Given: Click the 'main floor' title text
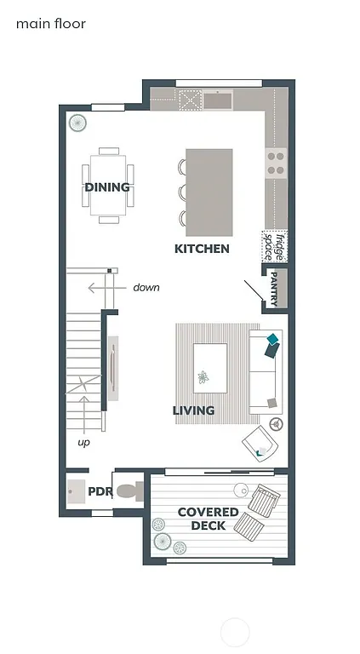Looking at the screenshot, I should pyautogui.click(x=51, y=24).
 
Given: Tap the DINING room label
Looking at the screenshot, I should pyautogui.click(x=107, y=187).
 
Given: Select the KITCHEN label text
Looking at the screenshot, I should pyautogui.click(x=202, y=249).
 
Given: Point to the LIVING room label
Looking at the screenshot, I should pyautogui.click(x=193, y=410).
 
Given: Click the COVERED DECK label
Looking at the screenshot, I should pyautogui.click(x=208, y=519).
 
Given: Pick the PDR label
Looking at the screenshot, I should pyautogui.click(x=100, y=492).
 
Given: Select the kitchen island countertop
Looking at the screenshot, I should pyautogui.click(x=209, y=192).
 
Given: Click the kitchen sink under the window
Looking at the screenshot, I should pyautogui.click(x=219, y=100).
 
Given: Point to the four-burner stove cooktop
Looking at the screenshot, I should pyautogui.click(x=275, y=162).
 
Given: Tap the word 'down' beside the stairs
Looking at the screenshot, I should pyautogui.click(x=146, y=288).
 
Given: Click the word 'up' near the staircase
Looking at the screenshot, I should pyautogui.click(x=83, y=442).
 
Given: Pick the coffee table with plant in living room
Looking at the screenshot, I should pyautogui.click(x=210, y=368).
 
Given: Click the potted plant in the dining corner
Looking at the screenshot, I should pyautogui.click(x=77, y=123).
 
